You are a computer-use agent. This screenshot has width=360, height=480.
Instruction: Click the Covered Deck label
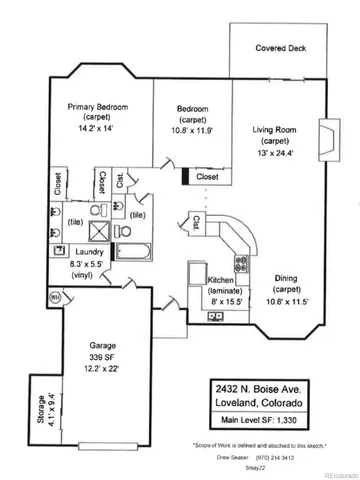pyautogui.click(x=280, y=47)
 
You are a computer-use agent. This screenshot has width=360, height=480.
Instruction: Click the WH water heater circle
pyautogui.click(x=56, y=296)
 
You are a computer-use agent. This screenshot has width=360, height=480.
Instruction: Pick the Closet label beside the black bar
pyautogui.click(x=209, y=177)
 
